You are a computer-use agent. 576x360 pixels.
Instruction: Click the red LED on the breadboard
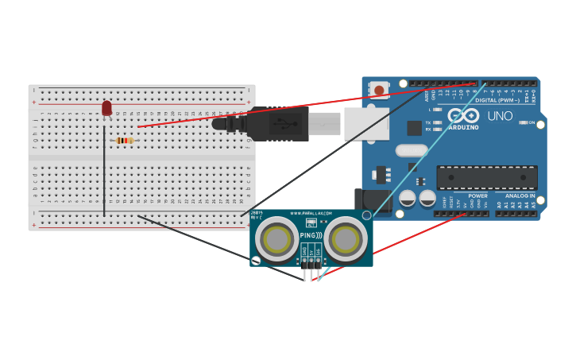click(x=106, y=108)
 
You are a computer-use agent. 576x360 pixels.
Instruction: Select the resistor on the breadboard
click(x=125, y=141)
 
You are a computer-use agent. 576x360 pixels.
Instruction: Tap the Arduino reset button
click(x=380, y=91)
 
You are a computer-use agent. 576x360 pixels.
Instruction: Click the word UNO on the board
click(x=500, y=116)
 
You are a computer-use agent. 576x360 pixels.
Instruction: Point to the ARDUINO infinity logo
click(x=463, y=115)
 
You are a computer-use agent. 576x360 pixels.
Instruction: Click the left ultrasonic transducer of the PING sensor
click(x=276, y=238)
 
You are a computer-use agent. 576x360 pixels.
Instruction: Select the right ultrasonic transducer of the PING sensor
click(x=346, y=238)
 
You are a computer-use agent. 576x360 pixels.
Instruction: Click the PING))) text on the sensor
click(x=311, y=235)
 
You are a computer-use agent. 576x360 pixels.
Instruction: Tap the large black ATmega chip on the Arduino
click(x=486, y=177)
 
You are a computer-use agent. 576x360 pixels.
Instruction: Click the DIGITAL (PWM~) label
click(x=497, y=100)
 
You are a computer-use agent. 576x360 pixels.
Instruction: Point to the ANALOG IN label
click(x=520, y=195)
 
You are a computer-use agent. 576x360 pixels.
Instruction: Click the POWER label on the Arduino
click(x=477, y=195)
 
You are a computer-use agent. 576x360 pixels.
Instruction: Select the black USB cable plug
click(x=270, y=124)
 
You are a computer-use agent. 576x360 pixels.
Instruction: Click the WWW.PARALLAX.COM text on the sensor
click(x=311, y=214)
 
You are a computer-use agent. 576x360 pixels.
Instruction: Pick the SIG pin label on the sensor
click(x=318, y=250)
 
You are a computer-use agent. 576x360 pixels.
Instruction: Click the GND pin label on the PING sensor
click(x=304, y=250)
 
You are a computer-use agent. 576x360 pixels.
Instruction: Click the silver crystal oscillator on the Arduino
click(x=411, y=150)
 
